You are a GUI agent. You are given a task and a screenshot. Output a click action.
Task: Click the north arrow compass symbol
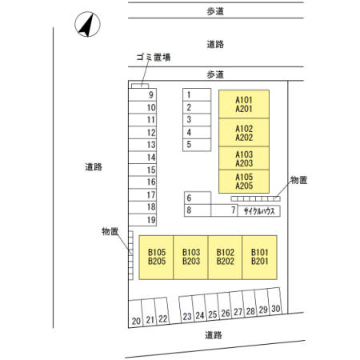pyautogui.click(x=87, y=24)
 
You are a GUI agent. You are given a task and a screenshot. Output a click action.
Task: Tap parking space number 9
pyautogui.click(x=142, y=94)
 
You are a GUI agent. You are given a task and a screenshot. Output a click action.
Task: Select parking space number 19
pyautogui.click(x=142, y=220)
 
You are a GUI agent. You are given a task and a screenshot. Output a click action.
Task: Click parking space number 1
pyautogui.click(x=197, y=94)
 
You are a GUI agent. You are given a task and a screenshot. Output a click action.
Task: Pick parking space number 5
pyautogui.click(x=197, y=145)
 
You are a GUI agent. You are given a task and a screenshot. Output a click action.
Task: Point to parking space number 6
pyautogui.click(x=198, y=198)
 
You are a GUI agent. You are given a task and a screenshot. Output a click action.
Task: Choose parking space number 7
pyautogui.click(x=224, y=210)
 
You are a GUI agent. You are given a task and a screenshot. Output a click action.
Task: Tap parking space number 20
pyautogui.click(x=135, y=314)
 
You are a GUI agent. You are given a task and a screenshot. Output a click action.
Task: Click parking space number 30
pyautogui.click(x=274, y=301)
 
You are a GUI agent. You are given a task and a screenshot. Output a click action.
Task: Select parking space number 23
pyautogui.click(x=186, y=310)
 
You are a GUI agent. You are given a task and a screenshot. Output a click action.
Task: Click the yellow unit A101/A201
pyautogui.click(x=244, y=104)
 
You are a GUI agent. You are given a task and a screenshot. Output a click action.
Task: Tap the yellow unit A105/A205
pyautogui.click(x=244, y=182)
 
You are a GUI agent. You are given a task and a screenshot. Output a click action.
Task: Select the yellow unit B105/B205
pyautogui.click(x=156, y=258)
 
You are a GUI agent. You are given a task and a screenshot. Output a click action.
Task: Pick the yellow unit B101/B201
pyautogui.click(x=259, y=258)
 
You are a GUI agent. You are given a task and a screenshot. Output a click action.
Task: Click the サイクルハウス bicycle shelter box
pyautogui.click(x=258, y=211)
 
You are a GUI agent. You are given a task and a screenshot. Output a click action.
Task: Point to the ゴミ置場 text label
pyautogui.click(x=154, y=57)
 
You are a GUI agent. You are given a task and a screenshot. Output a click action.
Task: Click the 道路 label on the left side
pyautogui.click(x=94, y=167)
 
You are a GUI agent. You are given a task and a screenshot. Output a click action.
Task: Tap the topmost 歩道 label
pyautogui.click(x=215, y=11)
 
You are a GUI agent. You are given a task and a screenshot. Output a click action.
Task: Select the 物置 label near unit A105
pyautogui.click(x=298, y=180)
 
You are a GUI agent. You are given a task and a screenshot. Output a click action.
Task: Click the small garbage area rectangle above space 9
pyautogui.click(x=140, y=86)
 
